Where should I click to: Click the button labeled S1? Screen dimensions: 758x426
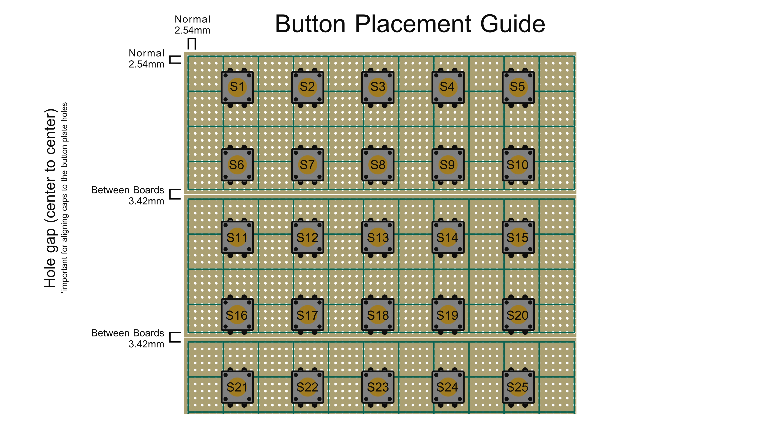tap(237, 87)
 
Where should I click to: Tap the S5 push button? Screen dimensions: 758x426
tap(518, 87)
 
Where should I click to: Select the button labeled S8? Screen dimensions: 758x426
tap(378, 165)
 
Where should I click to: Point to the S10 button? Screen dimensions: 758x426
tap(518, 165)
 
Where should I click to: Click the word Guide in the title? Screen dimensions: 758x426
tap(513, 24)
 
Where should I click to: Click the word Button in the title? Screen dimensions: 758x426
tap(310, 24)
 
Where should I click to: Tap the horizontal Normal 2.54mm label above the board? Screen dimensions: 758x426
tap(193, 25)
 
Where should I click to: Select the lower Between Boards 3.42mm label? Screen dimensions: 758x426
tap(128, 338)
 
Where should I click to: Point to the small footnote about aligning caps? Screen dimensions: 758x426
tap(64, 198)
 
